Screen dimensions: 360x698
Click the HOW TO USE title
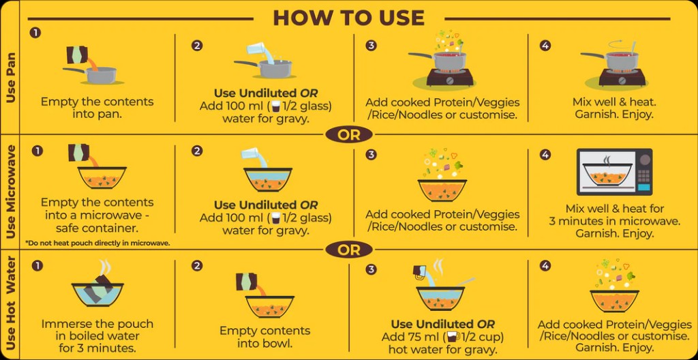[x=348, y=17]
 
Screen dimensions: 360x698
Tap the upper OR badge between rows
[x=348, y=134]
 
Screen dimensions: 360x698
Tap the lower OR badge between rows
[x=348, y=250]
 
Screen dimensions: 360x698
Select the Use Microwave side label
[x=10, y=192]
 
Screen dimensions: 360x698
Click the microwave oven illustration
[x=614, y=172]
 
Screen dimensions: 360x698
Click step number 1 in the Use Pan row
[x=35, y=33]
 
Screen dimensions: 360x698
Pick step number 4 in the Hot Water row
[x=545, y=265]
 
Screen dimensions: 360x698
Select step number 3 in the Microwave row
[x=371, y=154]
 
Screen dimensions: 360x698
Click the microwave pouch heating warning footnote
[x=97, y=243]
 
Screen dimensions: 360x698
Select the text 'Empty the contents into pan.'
[x=97, y=108]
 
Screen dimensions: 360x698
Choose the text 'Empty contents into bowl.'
[x=264, y=337]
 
